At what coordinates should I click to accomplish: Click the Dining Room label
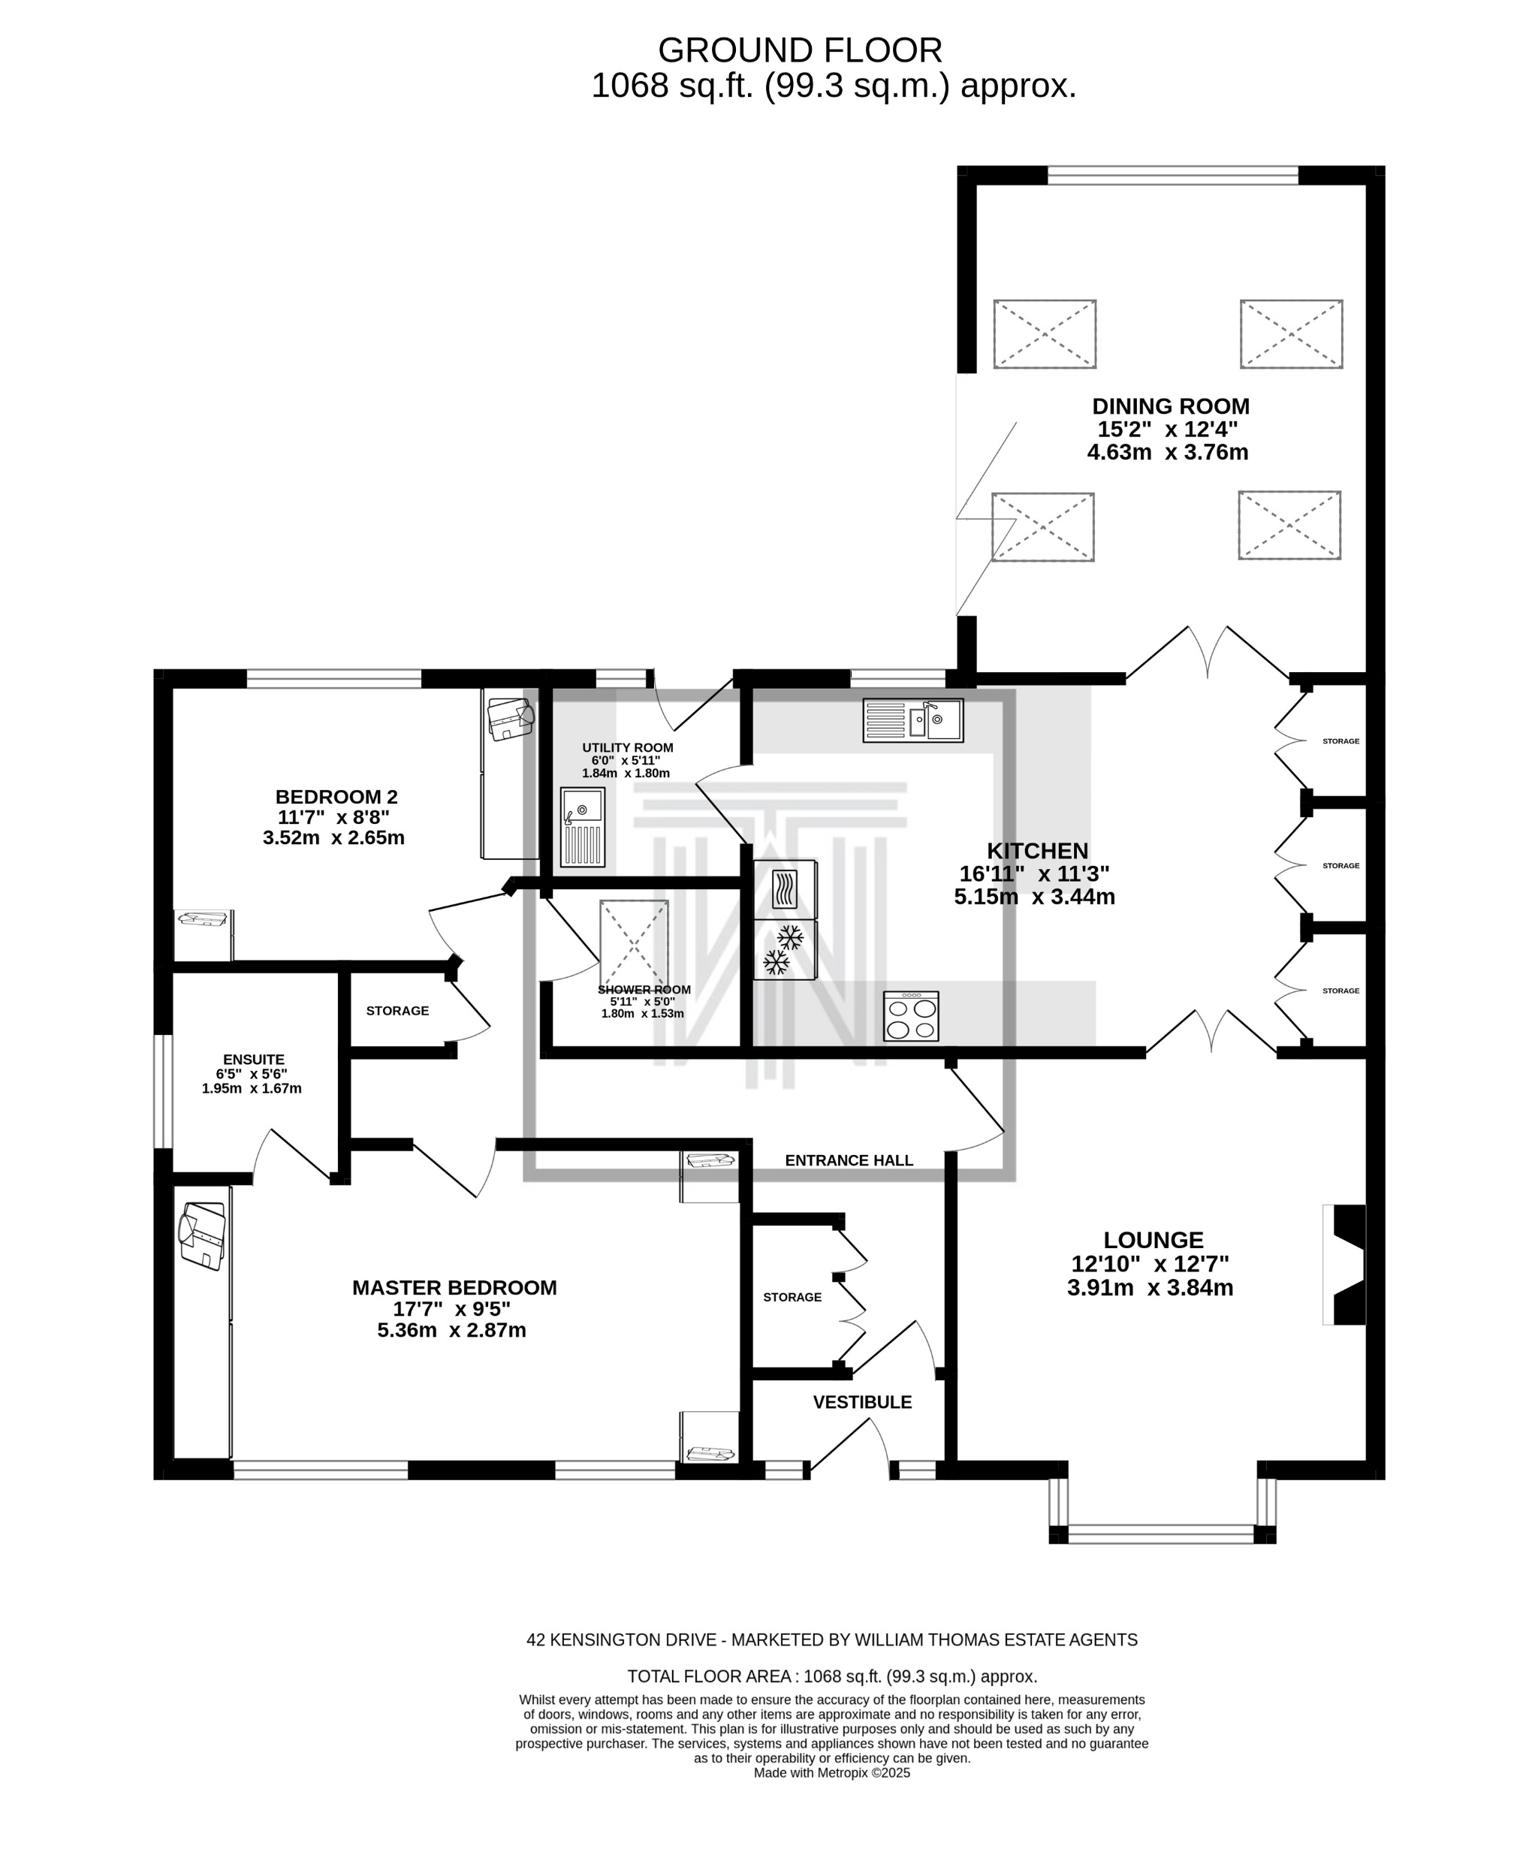tap(1170, 406)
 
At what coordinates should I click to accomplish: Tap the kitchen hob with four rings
tap(911, 1016)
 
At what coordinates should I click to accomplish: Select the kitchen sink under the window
tap(912, 720)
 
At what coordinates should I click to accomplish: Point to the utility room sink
tap(582, 828)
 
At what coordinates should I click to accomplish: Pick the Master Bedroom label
tap(454, 1288)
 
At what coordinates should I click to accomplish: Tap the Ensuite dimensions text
tap(252, 1081)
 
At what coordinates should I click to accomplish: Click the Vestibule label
tap(862, 1402)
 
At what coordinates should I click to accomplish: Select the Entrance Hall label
tap(849, 1160)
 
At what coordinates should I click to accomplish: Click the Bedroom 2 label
tap(336, 798)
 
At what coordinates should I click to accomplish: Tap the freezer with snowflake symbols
tap(785, 949)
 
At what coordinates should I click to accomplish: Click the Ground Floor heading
tap(800, 50)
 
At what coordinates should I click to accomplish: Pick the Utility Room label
tap(627, 748)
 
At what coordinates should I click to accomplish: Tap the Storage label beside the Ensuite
tap(398, 1011)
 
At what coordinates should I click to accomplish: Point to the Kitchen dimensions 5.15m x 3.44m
tap(1034, 897)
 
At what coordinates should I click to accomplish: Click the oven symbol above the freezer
tap(785, 889)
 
